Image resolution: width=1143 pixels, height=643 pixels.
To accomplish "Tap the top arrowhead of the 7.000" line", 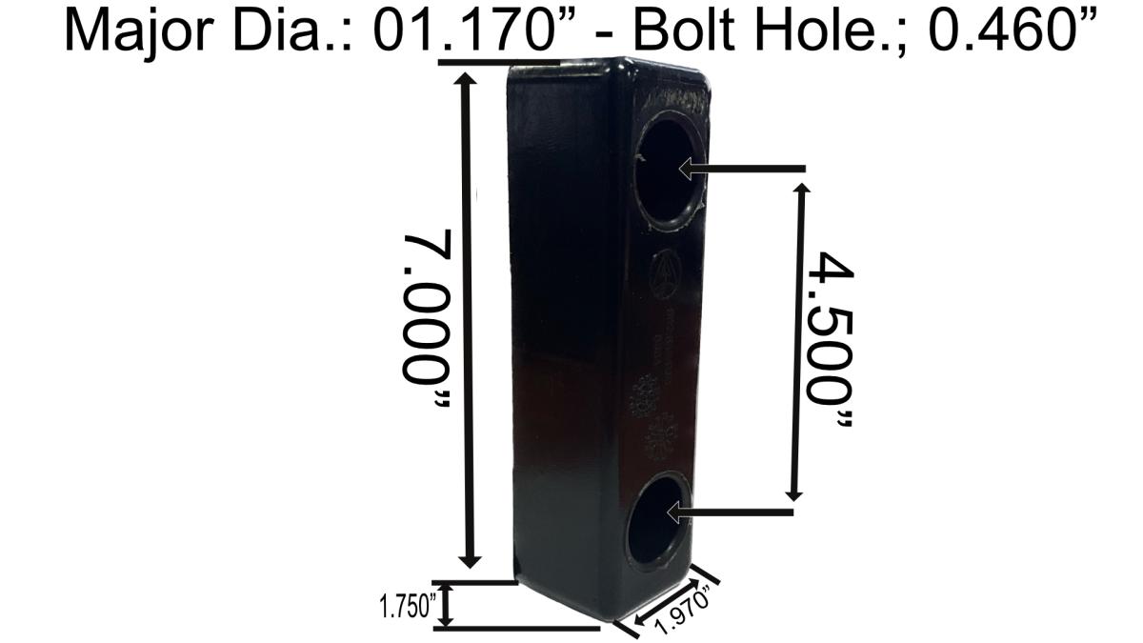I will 467,84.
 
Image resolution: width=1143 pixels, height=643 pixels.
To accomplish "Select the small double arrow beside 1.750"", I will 445,607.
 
